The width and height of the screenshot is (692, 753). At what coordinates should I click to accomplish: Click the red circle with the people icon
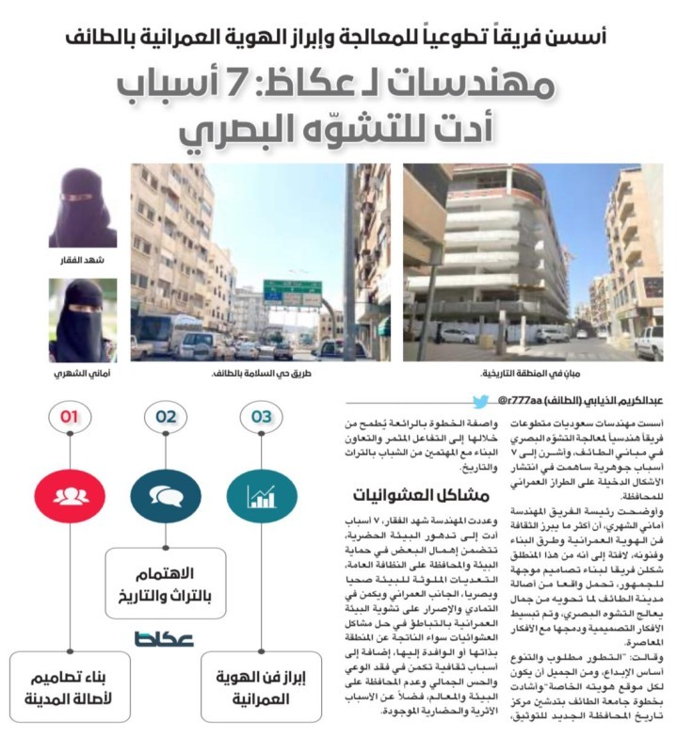[x=69, y=493]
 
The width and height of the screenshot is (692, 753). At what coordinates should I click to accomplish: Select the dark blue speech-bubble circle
[x=166, y=493]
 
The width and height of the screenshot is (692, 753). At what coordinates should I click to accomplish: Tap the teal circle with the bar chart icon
[x=261, y=493]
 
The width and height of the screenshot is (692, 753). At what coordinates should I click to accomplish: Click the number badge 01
[x=69, y=414]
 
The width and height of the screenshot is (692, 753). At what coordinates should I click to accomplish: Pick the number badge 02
[x=166, y=414]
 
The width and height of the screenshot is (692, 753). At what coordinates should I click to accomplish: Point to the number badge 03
[x=261, y=414]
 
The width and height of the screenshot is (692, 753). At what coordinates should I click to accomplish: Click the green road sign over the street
[x=292, y=293]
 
